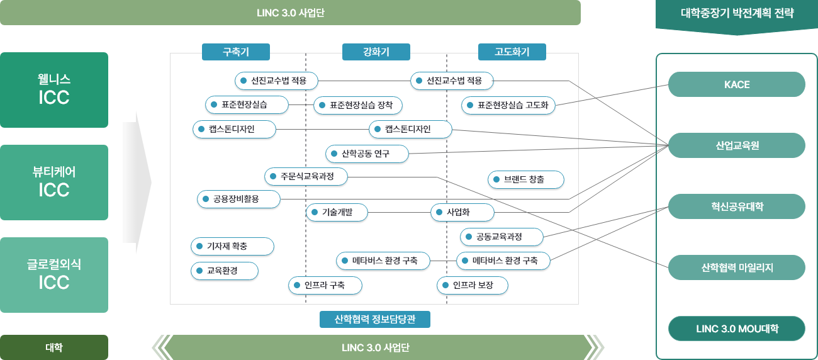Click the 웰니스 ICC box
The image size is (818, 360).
click(x=54, y=89)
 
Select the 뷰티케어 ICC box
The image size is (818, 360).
click(x=54, y=182)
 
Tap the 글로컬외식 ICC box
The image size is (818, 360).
click(x=54, y=274)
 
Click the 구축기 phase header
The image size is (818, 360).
click(x=236, y=52)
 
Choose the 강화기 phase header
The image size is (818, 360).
click(x=376, y=52)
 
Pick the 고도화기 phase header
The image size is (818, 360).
click(x=512, y=52)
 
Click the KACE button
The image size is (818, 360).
click(x=737, y=84)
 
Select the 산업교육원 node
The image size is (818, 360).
click(x=737, y=145)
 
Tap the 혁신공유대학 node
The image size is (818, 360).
click(x=737, y=206)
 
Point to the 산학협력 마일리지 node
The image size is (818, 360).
click(x=737, y=267)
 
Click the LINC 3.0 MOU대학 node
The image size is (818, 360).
click(x=737, y=329)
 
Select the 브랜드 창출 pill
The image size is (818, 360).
click(x=526, y=180)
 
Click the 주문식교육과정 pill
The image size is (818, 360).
click(x=307, y=177)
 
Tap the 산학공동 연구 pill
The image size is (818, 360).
click(x=367, y=154)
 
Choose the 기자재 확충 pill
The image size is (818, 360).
click(x=232, y=246)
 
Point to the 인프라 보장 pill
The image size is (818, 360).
click(x=473, y=286)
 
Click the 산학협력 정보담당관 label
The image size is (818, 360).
click(x=375, y=320)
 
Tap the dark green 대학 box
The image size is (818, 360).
click(x=54, y=347)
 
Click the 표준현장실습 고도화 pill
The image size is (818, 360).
click(x=508, y=106)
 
